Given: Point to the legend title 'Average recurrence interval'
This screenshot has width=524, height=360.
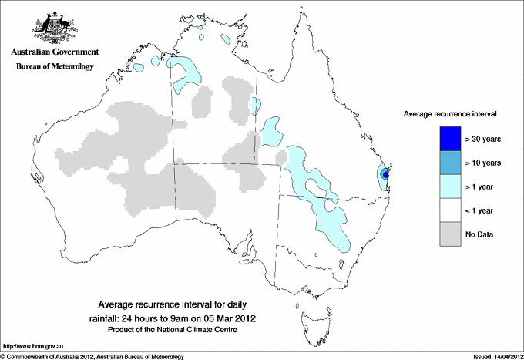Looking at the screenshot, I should (450, 113).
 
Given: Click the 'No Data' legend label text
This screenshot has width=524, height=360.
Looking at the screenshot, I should (479, 234).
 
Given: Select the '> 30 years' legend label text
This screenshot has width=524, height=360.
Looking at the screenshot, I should (483, 139).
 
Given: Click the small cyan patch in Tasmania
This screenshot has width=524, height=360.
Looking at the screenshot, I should (306, 328).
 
